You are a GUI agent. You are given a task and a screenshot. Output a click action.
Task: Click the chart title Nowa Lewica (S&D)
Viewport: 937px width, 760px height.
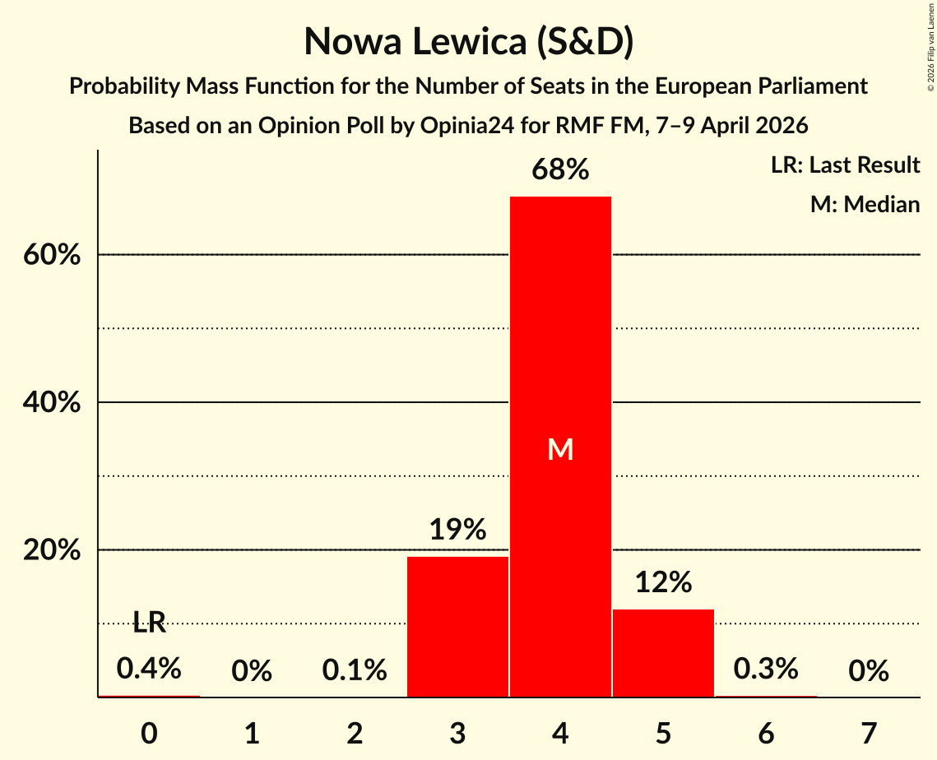[468, 42]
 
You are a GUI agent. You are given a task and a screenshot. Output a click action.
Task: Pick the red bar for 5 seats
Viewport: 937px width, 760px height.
[663, 653]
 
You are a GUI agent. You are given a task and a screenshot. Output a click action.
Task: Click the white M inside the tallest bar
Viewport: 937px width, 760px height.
[560, 449]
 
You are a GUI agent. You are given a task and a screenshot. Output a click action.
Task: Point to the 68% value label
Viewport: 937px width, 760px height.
[560, 170]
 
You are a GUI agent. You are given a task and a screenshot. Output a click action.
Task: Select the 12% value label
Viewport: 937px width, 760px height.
[663, 582]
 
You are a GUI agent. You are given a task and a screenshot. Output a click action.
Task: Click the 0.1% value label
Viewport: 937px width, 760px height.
[355, 670]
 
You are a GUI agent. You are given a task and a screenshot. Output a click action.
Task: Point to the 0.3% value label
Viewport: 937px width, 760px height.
[766, 669]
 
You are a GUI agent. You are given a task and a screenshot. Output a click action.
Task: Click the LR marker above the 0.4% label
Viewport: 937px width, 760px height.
[149, 623]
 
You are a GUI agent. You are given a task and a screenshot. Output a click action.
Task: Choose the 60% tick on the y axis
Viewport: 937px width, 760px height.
[52, 255]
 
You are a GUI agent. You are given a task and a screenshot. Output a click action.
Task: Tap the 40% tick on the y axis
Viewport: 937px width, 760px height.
[52, 402]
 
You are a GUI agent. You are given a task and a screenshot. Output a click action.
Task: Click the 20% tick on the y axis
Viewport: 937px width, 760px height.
[52, 549]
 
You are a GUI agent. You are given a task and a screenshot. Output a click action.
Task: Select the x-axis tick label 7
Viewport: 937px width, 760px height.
[869, 733]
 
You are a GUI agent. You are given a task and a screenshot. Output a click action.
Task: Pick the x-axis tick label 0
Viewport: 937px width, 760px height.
[149, 733]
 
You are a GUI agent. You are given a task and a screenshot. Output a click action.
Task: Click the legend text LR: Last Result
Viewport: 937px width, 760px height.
[845, 165]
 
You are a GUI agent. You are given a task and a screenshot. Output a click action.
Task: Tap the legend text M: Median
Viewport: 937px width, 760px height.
[865, 204]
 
